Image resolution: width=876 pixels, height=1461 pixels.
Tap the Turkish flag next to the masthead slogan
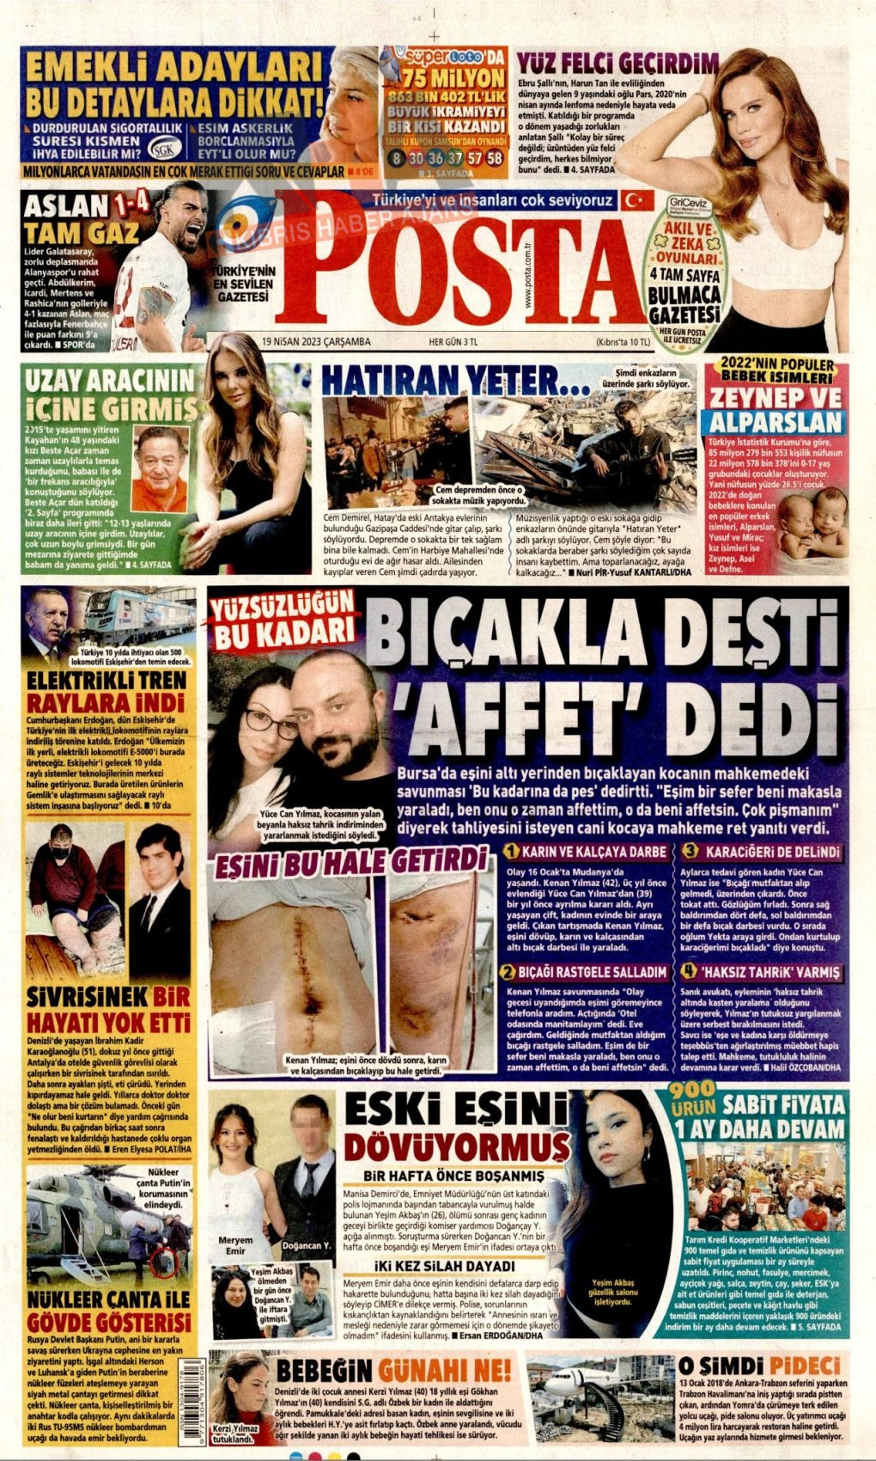(x=636, y=200)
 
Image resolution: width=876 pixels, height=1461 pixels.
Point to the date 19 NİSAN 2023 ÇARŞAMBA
(x=318, y=341)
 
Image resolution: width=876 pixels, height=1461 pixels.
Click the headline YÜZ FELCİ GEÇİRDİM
(x=617, y=63)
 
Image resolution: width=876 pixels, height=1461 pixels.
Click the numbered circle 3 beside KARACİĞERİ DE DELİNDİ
(x=690, y=852)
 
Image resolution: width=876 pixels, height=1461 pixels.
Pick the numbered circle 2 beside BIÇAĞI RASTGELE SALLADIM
(x=510, y=972)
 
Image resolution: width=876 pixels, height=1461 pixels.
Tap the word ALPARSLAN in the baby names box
(x=776, y=423)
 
